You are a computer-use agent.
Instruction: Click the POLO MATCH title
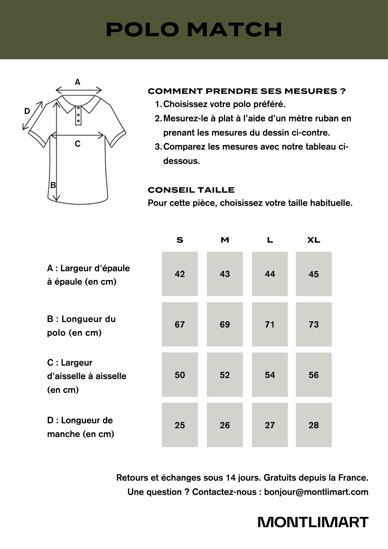[x=194, y=29]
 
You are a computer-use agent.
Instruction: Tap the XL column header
[x=314, y=240]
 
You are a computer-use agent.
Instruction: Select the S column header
[x=180, y=240]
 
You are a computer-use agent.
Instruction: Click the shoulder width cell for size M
[x=225, y=274]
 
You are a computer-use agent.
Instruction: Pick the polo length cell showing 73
[x=314, y=324]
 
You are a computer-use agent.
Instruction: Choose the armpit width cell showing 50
[x=180, y=375]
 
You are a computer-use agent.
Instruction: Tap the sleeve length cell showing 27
[x=270, y=425]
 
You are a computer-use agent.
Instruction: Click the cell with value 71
[x=270, y=324]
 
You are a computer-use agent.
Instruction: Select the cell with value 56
[x=314, y=375]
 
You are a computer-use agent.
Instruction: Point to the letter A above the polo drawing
[x=78, y=82]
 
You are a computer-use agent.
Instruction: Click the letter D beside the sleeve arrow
[x=27, y=111]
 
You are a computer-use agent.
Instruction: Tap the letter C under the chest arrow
[x=78, y=144]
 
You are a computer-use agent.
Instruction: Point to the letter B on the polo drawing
[x=53, y=185]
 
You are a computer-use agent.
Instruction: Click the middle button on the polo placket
[x=78, y=115]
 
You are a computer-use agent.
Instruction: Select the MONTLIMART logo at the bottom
[x=313, y=522]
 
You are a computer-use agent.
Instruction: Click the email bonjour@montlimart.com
[x=316, y=492]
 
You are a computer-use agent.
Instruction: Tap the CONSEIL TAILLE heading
[x=191, y=190]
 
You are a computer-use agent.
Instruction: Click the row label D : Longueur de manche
[x=80, y=427]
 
